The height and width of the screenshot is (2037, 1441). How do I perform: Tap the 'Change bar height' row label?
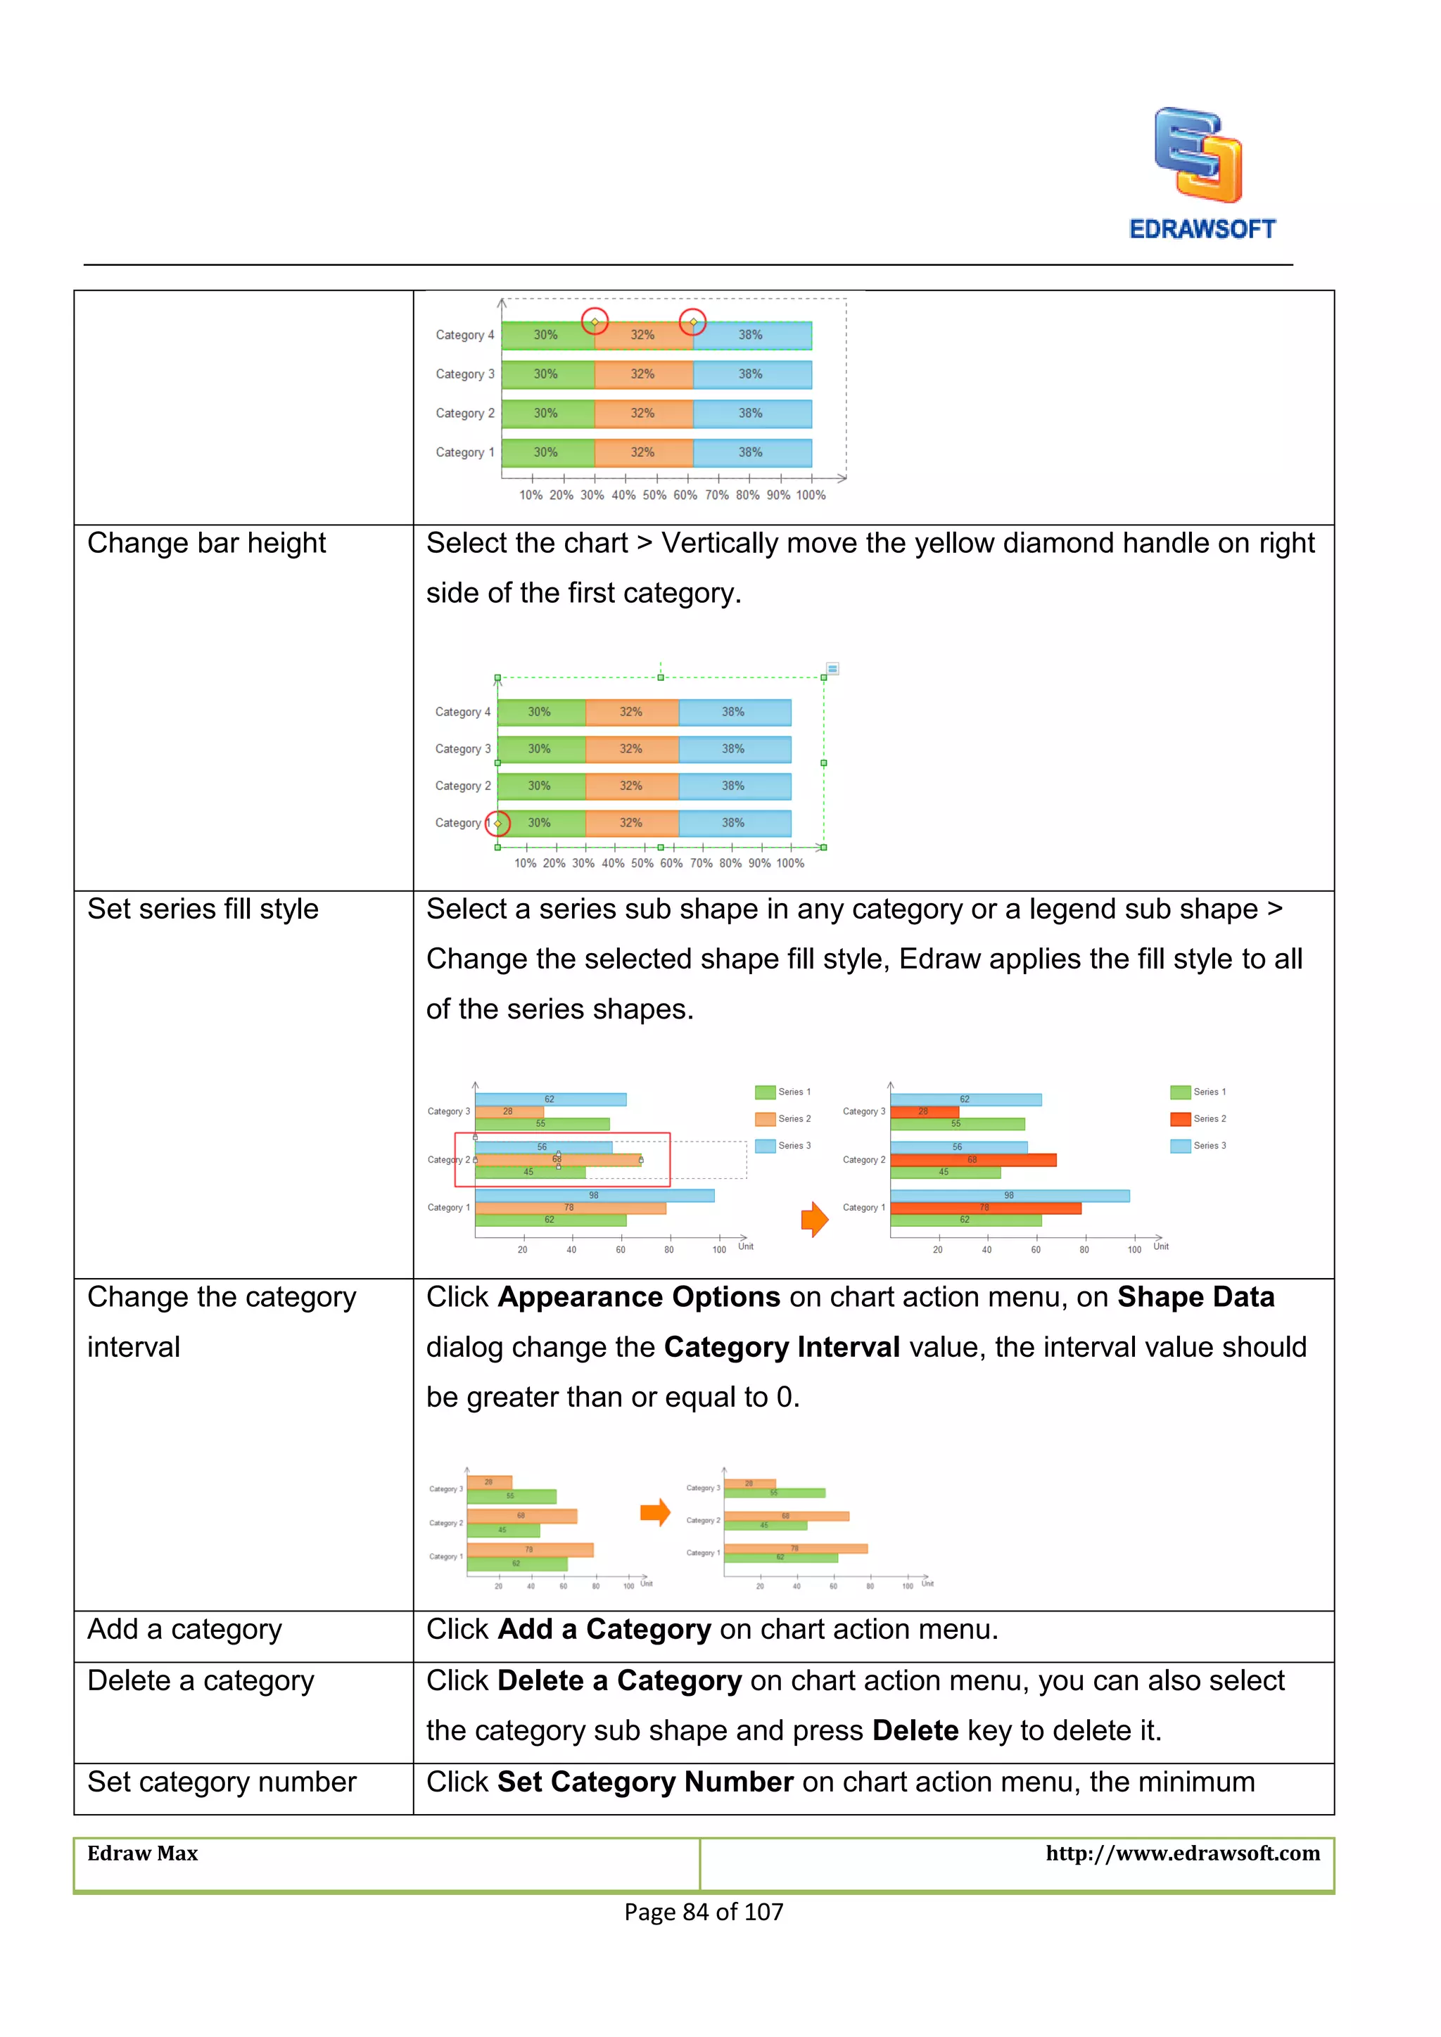click(206, 543)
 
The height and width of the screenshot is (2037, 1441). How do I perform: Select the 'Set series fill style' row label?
click(203, 909)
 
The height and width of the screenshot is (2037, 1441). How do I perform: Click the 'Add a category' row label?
click(184, 1629)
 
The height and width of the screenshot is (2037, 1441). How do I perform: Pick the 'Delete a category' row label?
click(201, 1680)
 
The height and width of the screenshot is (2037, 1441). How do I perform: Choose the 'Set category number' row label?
click(221, 1782)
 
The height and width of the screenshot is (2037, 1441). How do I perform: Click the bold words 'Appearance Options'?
click(639, 1297)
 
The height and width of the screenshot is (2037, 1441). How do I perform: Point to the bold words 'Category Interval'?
click(782, 1347)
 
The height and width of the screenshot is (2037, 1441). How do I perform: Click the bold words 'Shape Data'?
click(1195, 1297)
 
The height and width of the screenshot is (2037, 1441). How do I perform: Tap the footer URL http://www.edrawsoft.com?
click(1182, 1853)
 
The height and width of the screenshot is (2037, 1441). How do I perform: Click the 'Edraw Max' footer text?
click(142, 1853)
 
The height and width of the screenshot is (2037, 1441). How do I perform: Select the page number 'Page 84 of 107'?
click(704, 1912)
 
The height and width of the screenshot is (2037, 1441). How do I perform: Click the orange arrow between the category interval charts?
click(655, 1512)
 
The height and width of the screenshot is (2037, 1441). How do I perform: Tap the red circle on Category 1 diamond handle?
click(497, 824)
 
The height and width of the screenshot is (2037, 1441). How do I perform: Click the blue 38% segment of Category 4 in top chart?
click(751, 336)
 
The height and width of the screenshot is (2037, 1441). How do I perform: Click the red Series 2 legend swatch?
click(1180, 1119)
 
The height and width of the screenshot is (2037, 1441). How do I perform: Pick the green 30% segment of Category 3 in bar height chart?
click(540, 749)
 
